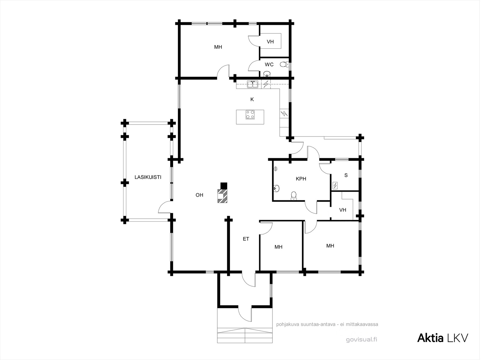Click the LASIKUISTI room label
pos(148,177)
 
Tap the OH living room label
pos(199,195)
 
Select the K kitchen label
pos(252,99)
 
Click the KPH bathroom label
pos(301,179)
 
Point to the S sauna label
pos(346,175)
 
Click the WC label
pos(269,64)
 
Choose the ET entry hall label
pos(246,239)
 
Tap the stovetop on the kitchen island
pos(250,115)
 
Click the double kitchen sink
pos(253,84)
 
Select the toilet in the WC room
pos(284,64)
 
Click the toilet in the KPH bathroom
pos(293,196)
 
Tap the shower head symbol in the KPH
pos(276,169)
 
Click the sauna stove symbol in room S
pos(335,186)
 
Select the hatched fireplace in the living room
pos(222,196)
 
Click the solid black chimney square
pos(224,186)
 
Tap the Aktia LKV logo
pos(443,338)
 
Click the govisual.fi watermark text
pos(362,340)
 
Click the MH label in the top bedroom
pos(218,47)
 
